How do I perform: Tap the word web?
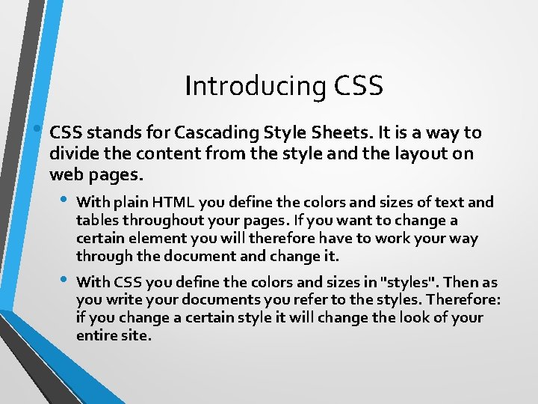64,175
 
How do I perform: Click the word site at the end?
137,336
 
